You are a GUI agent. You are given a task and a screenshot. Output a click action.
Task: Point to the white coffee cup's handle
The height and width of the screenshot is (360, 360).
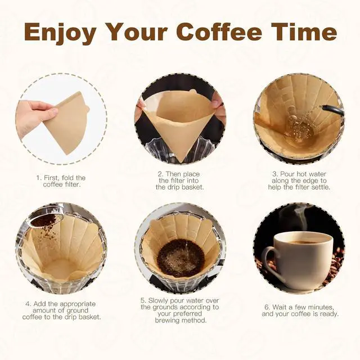tap(270, 260)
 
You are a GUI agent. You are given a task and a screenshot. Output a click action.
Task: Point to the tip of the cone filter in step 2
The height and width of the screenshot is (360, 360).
tap(180, 160)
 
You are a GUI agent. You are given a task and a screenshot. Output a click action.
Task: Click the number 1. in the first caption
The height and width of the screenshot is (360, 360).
tap(39, 178)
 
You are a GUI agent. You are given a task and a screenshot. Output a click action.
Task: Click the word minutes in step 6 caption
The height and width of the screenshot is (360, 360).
tap(321, 307)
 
